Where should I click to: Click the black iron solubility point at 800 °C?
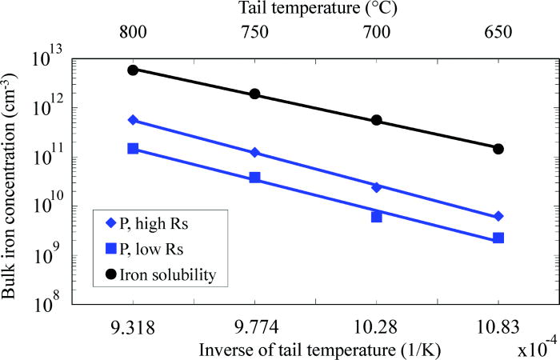pos(133,70)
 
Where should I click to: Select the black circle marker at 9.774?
pos(255,94)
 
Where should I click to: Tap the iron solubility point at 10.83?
pos(498,149)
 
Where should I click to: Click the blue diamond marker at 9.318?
pos(133,120)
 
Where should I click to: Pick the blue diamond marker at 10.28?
pos(377,187)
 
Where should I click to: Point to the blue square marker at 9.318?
pos(133,148)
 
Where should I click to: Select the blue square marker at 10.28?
pos(377,217)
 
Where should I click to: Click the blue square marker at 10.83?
pos(498,238)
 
